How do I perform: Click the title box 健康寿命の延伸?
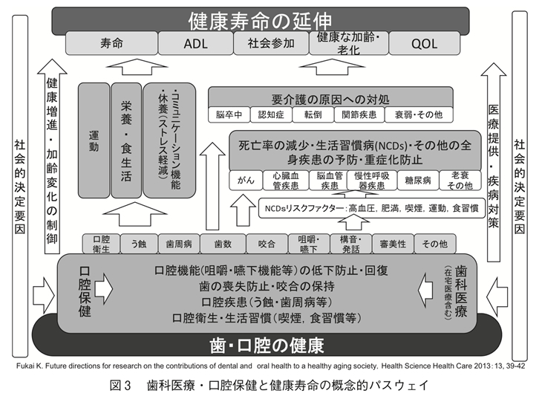pyautogui.click(x=270, y=19)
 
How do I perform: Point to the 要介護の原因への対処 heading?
pyautogui.click(x=330, y=98)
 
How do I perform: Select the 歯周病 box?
pyautogui.click(x=180, y=242)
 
